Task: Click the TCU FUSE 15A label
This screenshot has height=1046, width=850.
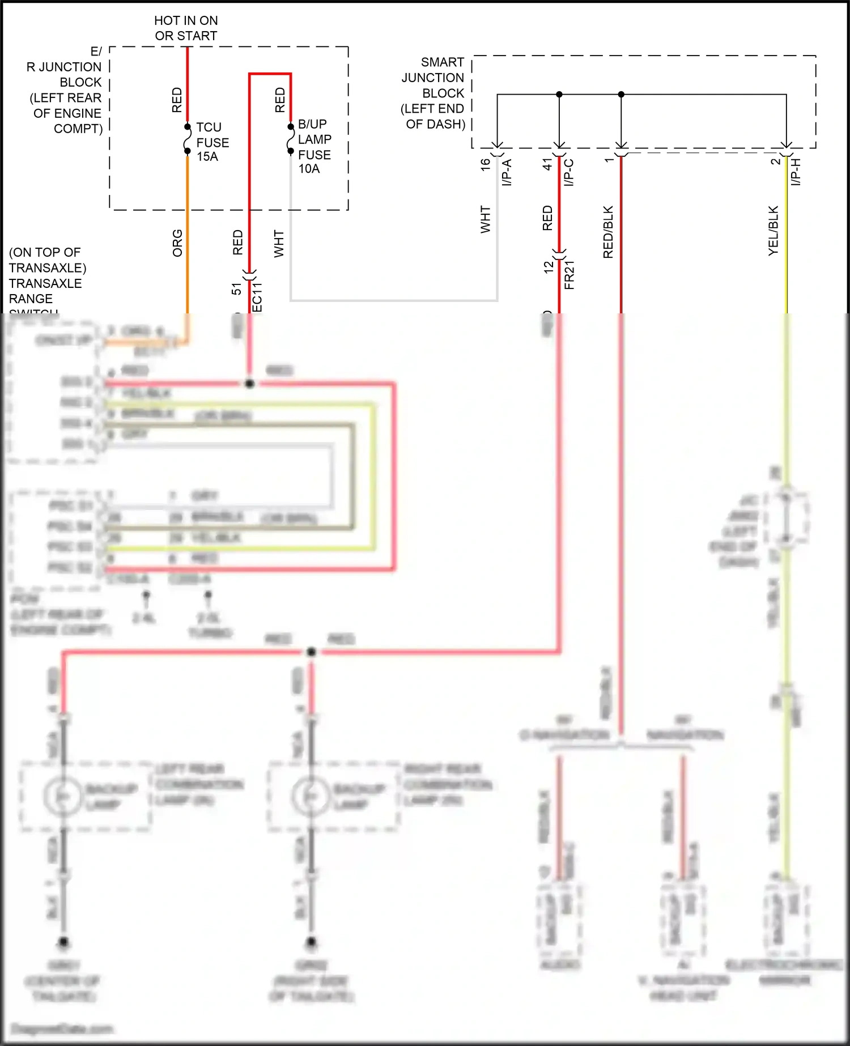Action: click(212, 142)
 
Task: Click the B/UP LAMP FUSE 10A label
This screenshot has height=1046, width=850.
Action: click(314, 146)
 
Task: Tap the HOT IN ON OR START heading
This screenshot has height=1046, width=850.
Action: click(186, 28)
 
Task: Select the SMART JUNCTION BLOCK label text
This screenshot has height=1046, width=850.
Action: click(433, 93)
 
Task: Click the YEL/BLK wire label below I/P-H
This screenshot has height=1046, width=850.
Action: click(773, 231)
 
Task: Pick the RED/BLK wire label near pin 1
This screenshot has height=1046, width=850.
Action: click(608, 232)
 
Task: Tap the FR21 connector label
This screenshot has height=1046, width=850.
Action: click(569, 275)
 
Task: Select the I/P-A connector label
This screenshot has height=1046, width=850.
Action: click(507, 172)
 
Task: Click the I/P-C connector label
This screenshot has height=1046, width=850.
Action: click(569, 172)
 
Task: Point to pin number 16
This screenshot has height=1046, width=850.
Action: click(485, 164)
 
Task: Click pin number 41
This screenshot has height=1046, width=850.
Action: click(547, 164)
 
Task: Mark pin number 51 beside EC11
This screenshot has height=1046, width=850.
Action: click(236, 288)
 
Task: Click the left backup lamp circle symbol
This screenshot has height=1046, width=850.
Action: click(63, 796)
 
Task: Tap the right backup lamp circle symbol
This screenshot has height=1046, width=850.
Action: click(310, 796)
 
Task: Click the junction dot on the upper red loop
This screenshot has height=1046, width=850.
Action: click(249, 384)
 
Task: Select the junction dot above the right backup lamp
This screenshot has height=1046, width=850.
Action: click(311, 652)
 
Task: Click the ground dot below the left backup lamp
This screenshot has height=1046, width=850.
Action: click(63, 942)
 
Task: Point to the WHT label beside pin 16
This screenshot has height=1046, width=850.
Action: click(485, 219)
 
